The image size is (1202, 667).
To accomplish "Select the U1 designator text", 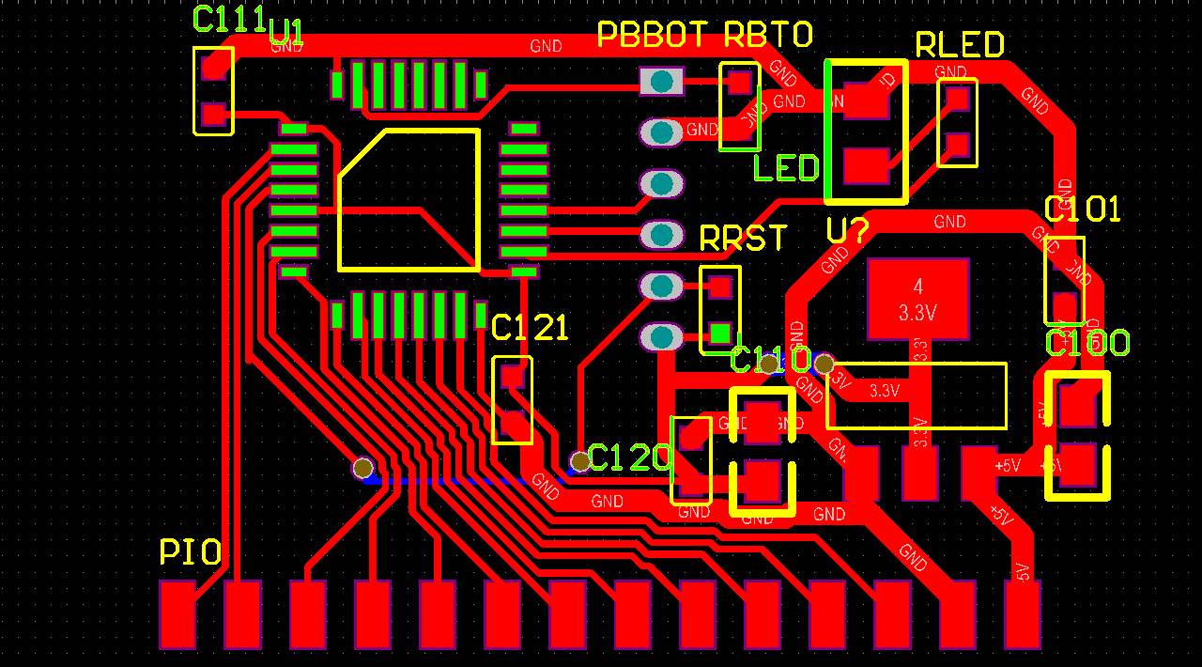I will click(x=286, y=33).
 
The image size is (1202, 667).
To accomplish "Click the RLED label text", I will click(x=960, y=44).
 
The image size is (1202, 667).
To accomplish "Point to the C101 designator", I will click(x=1083, y=209).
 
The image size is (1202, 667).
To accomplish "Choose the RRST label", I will click(x=744, y=238).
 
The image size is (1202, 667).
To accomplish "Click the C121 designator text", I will click(x=530, y=328).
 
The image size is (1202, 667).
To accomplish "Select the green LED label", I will click(x=786, y=168).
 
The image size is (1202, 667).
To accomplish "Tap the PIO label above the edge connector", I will click(x=191, y=552).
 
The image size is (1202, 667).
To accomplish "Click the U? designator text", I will click(x=847, y=230).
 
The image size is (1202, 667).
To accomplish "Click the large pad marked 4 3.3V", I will click(x=917, y=299).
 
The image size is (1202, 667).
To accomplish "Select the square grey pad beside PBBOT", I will click(x=662, y=82).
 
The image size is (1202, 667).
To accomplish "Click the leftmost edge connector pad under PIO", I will click(x=177, y=614).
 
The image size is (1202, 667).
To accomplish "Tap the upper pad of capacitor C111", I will click(x=214, y=66).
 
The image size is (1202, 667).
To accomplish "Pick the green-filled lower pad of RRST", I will click(x=720, y=333).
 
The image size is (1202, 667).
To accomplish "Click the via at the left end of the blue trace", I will click(x=362, y=467).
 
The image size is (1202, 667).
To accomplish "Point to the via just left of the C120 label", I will click(x=580, y=461).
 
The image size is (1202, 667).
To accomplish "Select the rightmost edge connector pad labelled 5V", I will click(x=1023, y=614).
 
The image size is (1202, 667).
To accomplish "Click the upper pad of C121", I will click(x=512, y=377).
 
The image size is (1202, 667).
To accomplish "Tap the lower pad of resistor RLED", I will click(x=957, y=145).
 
